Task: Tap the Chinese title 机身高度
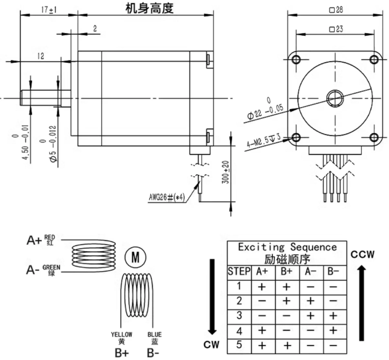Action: pos(149,8)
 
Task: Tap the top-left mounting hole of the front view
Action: pos(297,59)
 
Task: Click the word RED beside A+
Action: pos(50,237)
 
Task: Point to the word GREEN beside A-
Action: pos(52,267)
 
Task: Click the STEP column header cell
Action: pos(239,271)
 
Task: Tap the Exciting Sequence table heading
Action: pos(287,247)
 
